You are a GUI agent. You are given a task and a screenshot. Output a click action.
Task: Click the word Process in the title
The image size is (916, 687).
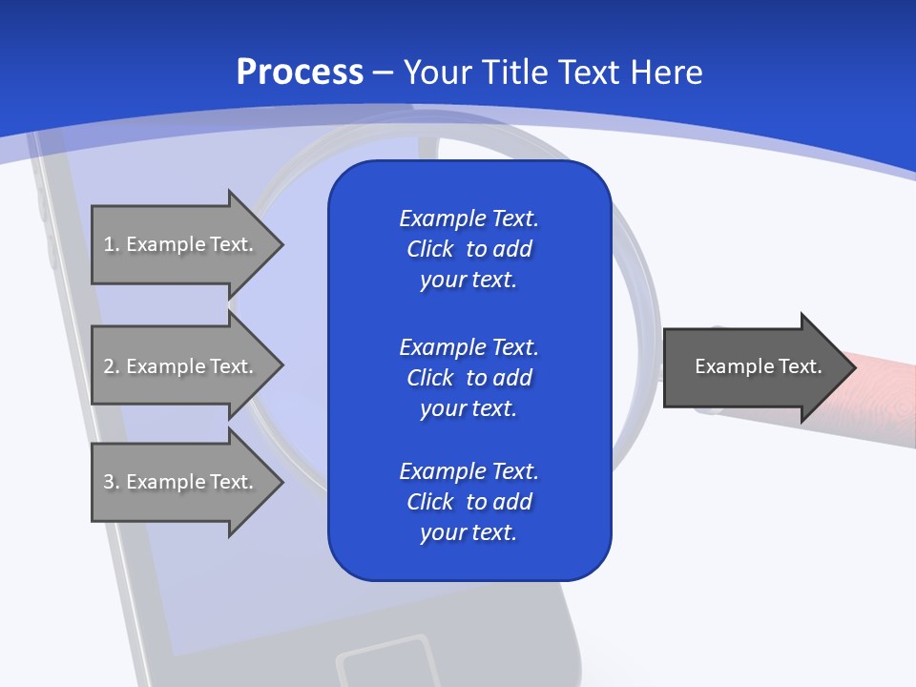pos(300,73)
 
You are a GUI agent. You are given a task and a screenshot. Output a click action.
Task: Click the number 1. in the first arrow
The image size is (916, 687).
pos(111,244)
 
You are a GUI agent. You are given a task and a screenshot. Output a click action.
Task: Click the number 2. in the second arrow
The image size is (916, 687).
pos(111,366)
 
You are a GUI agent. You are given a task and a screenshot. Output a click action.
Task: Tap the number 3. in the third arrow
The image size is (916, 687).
pos(111,482)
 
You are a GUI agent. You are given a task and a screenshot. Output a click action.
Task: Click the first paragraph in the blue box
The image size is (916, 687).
pos(468,249)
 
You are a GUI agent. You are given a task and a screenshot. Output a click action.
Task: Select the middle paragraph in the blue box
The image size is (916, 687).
pos(468,377)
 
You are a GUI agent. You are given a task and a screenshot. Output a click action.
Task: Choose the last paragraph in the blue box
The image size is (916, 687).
pos(468,502)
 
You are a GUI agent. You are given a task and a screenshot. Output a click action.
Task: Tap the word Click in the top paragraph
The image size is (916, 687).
pos(429,249)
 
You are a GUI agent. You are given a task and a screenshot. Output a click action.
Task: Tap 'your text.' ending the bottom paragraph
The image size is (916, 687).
pos(468,532)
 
